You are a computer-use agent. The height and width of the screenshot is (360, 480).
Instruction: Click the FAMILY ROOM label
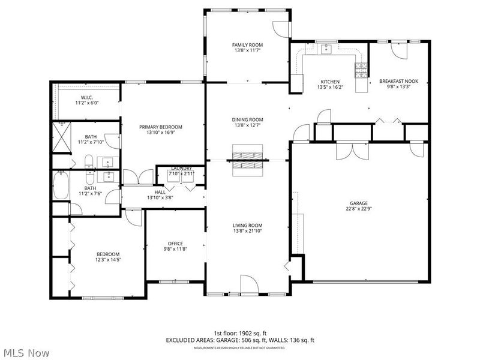[x=248, y=45]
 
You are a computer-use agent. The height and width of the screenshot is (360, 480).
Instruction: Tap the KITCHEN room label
[x=330, y=82]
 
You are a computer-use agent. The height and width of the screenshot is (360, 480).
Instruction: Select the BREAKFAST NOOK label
[x=398, y=82]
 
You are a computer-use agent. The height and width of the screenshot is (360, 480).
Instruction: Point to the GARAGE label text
[x=360, y=203]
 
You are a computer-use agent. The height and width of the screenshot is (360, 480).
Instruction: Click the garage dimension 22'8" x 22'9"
[x=360, y=209]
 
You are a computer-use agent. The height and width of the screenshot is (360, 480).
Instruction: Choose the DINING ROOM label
[x=248, y=119]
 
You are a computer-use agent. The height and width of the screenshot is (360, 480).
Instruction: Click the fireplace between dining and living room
[x=248, y=160]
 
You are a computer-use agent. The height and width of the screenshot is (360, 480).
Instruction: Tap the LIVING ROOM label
[x=248, y=225]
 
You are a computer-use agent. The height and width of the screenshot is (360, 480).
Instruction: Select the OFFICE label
[x=175, y=244]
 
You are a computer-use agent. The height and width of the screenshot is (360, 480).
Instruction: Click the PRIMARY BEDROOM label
[x=160, y=127]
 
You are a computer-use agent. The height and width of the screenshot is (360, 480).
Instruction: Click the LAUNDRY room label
[x=181, y=169]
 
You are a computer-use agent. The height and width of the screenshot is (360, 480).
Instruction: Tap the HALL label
[x=160, y=192]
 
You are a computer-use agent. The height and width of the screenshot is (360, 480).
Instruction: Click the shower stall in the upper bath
[x=60, y=137]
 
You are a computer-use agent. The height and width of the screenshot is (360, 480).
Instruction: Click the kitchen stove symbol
[x=360, y=70]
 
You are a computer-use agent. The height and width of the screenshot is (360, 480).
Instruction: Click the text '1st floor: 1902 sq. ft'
[x=240, y=333]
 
